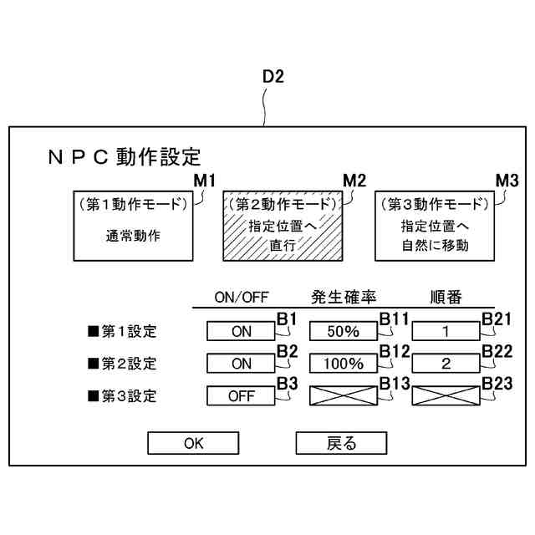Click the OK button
(193, 443)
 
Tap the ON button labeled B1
(241, 332)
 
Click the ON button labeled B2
(241, 364)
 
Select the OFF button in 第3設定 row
(241, 396)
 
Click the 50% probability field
(344, 332)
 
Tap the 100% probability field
(344, 364)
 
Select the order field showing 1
(446, 332)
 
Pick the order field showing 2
(446, 364)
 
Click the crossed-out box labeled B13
(344, 396)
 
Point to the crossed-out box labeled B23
(446, 396)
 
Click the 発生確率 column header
(344, 298)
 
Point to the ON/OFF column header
(241, 298)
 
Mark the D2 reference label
(273, 77)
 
